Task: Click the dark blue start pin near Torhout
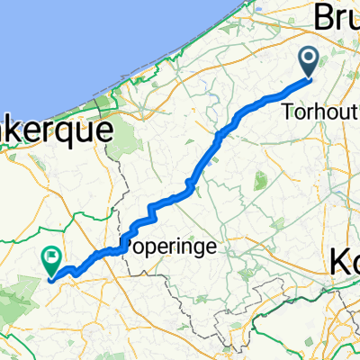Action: tap(308, 61)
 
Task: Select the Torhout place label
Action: tap(319, 112)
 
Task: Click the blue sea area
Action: tap(72, 45)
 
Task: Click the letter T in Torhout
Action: tap(286, 112)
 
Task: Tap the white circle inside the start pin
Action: tap(308, 58)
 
